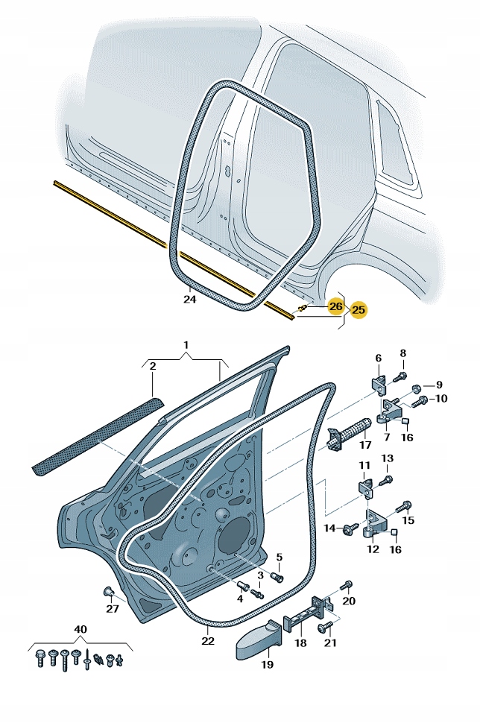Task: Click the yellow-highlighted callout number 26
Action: click(335, 306)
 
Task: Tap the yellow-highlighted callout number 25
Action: click(359, 309)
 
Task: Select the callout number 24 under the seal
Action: click(189, 300)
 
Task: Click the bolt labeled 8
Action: click(401, 377)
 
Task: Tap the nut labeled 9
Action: click(416, 388)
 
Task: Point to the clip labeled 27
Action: click(109, 593)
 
